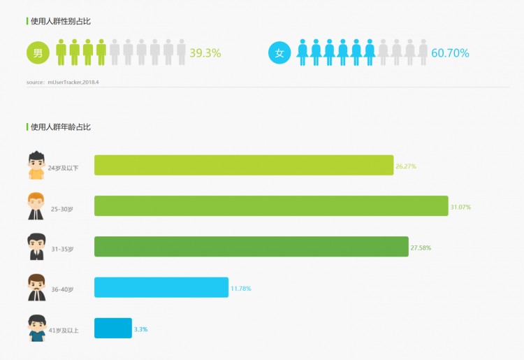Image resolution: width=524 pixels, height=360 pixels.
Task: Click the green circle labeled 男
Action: click(38, 52)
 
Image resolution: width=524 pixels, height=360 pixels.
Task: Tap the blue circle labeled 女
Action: click(279, 52)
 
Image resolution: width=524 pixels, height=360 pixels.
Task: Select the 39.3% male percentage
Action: click(205, 53)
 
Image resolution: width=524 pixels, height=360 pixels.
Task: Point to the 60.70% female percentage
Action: click(450, 53)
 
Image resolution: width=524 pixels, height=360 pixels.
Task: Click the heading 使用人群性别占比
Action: click(61, 21)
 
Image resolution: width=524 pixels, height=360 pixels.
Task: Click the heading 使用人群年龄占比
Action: click(61, 127)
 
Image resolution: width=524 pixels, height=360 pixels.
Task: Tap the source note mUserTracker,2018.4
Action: click(68, 82)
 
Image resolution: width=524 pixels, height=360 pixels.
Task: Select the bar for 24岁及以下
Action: click(244, 165)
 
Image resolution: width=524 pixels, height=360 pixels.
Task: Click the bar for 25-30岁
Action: click(271, 206)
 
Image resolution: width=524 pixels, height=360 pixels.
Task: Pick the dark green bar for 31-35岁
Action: click(252, 247)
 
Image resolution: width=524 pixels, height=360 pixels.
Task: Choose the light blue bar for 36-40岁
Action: click(161, 287)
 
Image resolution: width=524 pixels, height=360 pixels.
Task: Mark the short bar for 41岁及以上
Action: click(113, 328)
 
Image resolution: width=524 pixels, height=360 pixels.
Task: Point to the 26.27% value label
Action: click(406, 166)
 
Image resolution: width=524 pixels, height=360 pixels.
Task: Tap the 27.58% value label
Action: click(421, 247)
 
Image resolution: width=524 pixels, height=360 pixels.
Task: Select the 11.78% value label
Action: click(240, 288)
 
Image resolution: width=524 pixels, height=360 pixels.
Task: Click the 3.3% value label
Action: click(141, 329)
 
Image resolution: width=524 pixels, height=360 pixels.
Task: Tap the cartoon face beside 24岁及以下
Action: click(36, 165)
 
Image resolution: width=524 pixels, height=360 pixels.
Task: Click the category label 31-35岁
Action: click(61, 248)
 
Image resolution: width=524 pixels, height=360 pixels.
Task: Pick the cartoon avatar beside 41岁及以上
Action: click(36, 327)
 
